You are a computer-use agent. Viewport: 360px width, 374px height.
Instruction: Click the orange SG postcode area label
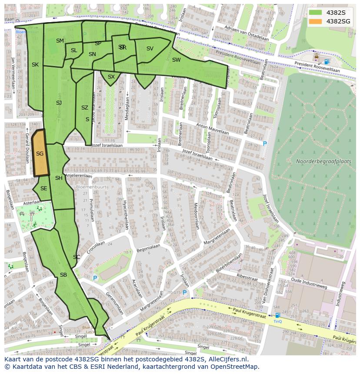coord(40,154)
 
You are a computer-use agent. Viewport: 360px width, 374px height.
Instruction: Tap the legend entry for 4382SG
coord(338,21)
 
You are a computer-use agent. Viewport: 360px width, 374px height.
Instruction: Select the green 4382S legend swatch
coord(316,13)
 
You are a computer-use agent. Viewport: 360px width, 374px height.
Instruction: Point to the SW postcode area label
coord(176,60)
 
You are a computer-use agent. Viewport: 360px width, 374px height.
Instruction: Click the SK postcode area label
coord(35,65)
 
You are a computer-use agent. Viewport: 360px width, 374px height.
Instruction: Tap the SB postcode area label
coord(63,275)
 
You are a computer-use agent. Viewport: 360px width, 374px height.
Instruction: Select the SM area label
coord(60,41)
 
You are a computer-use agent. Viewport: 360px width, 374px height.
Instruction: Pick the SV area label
coord(150,49)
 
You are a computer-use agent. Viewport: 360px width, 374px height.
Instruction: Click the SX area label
coord(111,77)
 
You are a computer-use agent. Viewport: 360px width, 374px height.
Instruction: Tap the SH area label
coord(59,178)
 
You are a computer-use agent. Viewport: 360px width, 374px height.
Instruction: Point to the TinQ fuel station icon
coord(277,316)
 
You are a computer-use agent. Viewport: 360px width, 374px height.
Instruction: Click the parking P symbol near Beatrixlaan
coord(265,144)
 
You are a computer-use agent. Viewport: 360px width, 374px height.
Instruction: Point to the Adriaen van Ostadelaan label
coord(246,34)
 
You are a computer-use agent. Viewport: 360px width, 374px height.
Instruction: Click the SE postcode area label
coord(43,189)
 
